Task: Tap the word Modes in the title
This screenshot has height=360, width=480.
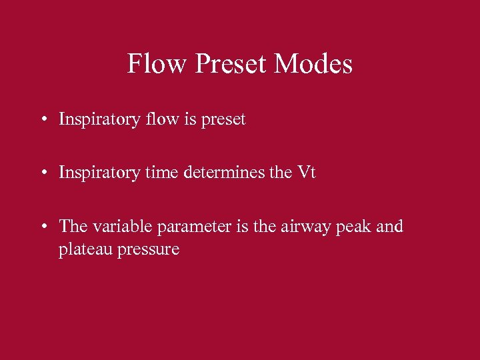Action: tap(313, 64)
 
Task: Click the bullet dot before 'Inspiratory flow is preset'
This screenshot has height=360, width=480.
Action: tap(43, 120)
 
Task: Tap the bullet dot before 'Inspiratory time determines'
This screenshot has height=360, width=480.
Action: tap(43, 173)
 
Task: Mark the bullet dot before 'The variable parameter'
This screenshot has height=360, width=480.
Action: tap(43, 227)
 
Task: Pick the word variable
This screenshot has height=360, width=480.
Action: tap(122, 226)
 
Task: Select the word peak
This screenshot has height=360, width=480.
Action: tap(355, 227)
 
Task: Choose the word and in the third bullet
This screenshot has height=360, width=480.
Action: tap(390, 226)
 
